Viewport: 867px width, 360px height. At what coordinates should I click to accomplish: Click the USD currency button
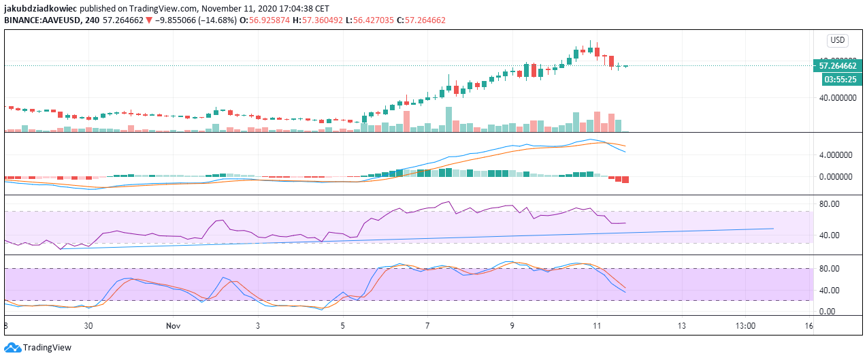tap(836, 40)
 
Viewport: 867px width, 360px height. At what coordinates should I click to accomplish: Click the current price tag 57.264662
tap(836, 66)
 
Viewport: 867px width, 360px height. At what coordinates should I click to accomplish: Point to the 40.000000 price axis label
tap(837, 98)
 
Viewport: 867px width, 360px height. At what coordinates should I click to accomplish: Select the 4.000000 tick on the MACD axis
tap(837, 155)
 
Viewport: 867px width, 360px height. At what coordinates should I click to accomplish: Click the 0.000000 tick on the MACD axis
tap(837, 176)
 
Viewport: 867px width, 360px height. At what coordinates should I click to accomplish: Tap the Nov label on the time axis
tap(174, 326)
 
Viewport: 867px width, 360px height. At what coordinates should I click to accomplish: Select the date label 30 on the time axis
tap(88, 326)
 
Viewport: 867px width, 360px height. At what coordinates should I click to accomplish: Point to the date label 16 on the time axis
tap(808, 326)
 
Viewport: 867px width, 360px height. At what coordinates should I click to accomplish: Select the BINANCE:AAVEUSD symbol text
tap(44, 20)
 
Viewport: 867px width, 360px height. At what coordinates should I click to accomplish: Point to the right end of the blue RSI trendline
tap(774, 228)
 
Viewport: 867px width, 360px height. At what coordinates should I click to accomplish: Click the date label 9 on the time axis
tap(512, 326)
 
